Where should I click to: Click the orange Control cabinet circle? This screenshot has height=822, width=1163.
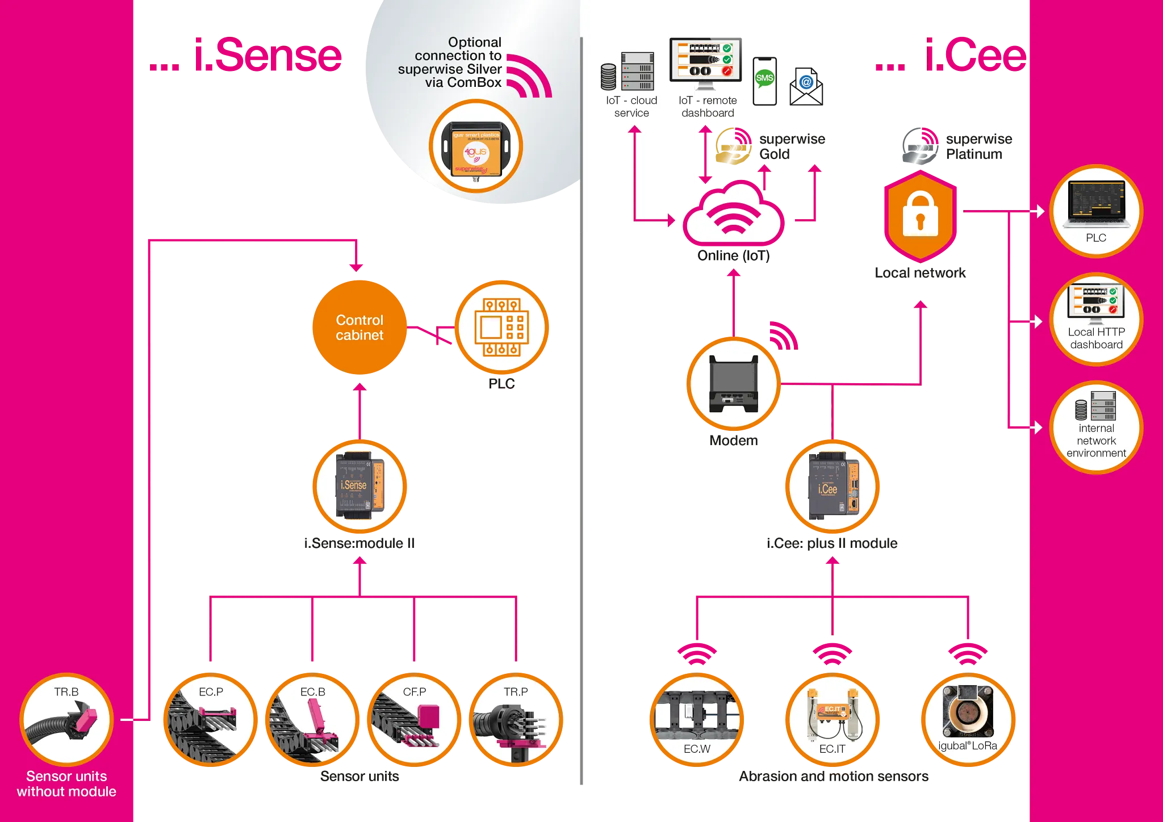359,328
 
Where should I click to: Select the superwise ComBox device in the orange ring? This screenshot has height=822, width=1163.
476,148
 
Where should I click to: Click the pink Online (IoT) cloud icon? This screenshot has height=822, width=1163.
733,216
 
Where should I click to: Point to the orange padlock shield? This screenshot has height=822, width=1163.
920,216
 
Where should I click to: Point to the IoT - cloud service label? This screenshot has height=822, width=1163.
631,107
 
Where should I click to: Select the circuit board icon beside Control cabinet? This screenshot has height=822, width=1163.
501,328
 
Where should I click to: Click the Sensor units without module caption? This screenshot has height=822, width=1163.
66,784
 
